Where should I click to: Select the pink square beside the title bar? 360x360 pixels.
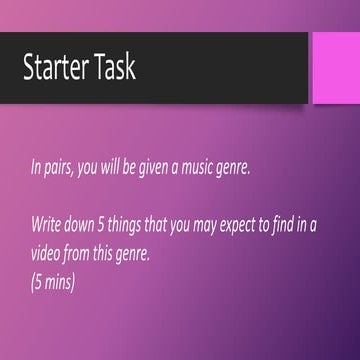click(336, 66)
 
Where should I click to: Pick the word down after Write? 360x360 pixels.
click(89, 225)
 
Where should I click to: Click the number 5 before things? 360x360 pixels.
click(115, 225)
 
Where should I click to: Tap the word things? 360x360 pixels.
click(144, 225)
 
